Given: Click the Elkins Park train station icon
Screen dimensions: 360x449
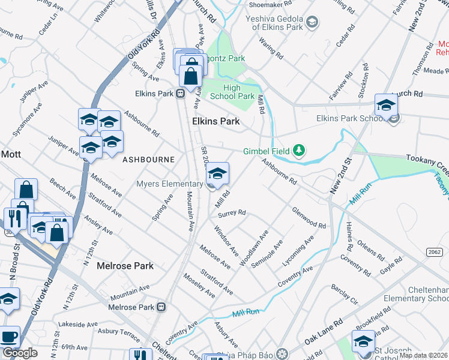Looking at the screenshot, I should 179,94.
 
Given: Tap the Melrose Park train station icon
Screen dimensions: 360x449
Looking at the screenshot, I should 161,307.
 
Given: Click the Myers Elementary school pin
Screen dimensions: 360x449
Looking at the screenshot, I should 217,175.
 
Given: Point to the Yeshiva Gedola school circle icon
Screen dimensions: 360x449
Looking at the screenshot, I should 312,23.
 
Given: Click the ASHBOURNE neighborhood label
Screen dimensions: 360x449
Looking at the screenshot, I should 148,160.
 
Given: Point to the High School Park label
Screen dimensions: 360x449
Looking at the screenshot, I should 231,91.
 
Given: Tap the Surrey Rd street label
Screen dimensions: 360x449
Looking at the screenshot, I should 232,213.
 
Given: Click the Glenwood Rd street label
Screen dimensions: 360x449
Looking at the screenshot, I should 309,218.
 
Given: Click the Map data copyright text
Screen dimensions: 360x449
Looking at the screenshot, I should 423,355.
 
